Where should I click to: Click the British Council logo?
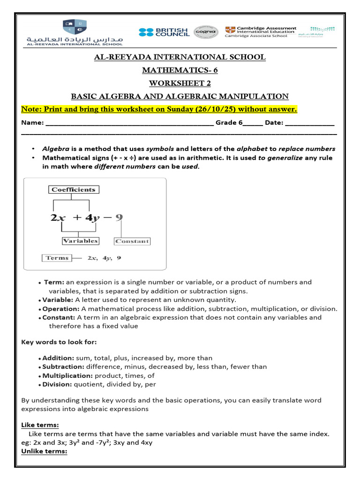coord(164,32)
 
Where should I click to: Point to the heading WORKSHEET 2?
coord(180,83)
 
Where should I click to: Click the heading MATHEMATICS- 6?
coord(180,70)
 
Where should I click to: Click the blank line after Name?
coord(129,123)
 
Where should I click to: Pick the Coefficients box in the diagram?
coord(73,190)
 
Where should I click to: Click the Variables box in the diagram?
coord(80,241)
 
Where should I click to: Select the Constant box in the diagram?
coord(132,241)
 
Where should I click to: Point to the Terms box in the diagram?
coord(57,258)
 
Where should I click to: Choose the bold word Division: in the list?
coord(57,384)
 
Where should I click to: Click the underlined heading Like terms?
coord(40,425)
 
